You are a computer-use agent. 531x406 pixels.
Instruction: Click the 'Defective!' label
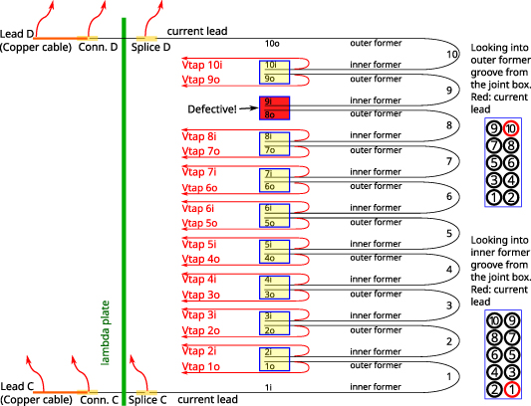(x=211, y=107)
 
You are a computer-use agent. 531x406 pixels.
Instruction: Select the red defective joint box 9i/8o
(x=274, y=107)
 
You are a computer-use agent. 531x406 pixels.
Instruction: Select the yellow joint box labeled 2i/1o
(x=274, y=358)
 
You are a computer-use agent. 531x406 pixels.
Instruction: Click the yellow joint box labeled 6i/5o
(x=274, y=215)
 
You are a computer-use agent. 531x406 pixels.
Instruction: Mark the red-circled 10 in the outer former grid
(x=511, y=127)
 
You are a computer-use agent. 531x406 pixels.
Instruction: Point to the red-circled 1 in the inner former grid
(x=511, y=389)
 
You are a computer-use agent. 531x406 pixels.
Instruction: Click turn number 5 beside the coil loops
(x=449, y=233)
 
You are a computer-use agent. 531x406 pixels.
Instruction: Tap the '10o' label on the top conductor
(x=272, y=43)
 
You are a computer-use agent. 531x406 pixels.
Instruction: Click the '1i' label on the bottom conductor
(x=269, y=385)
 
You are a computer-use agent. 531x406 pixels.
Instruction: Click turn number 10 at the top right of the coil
(x=453, y=54)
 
